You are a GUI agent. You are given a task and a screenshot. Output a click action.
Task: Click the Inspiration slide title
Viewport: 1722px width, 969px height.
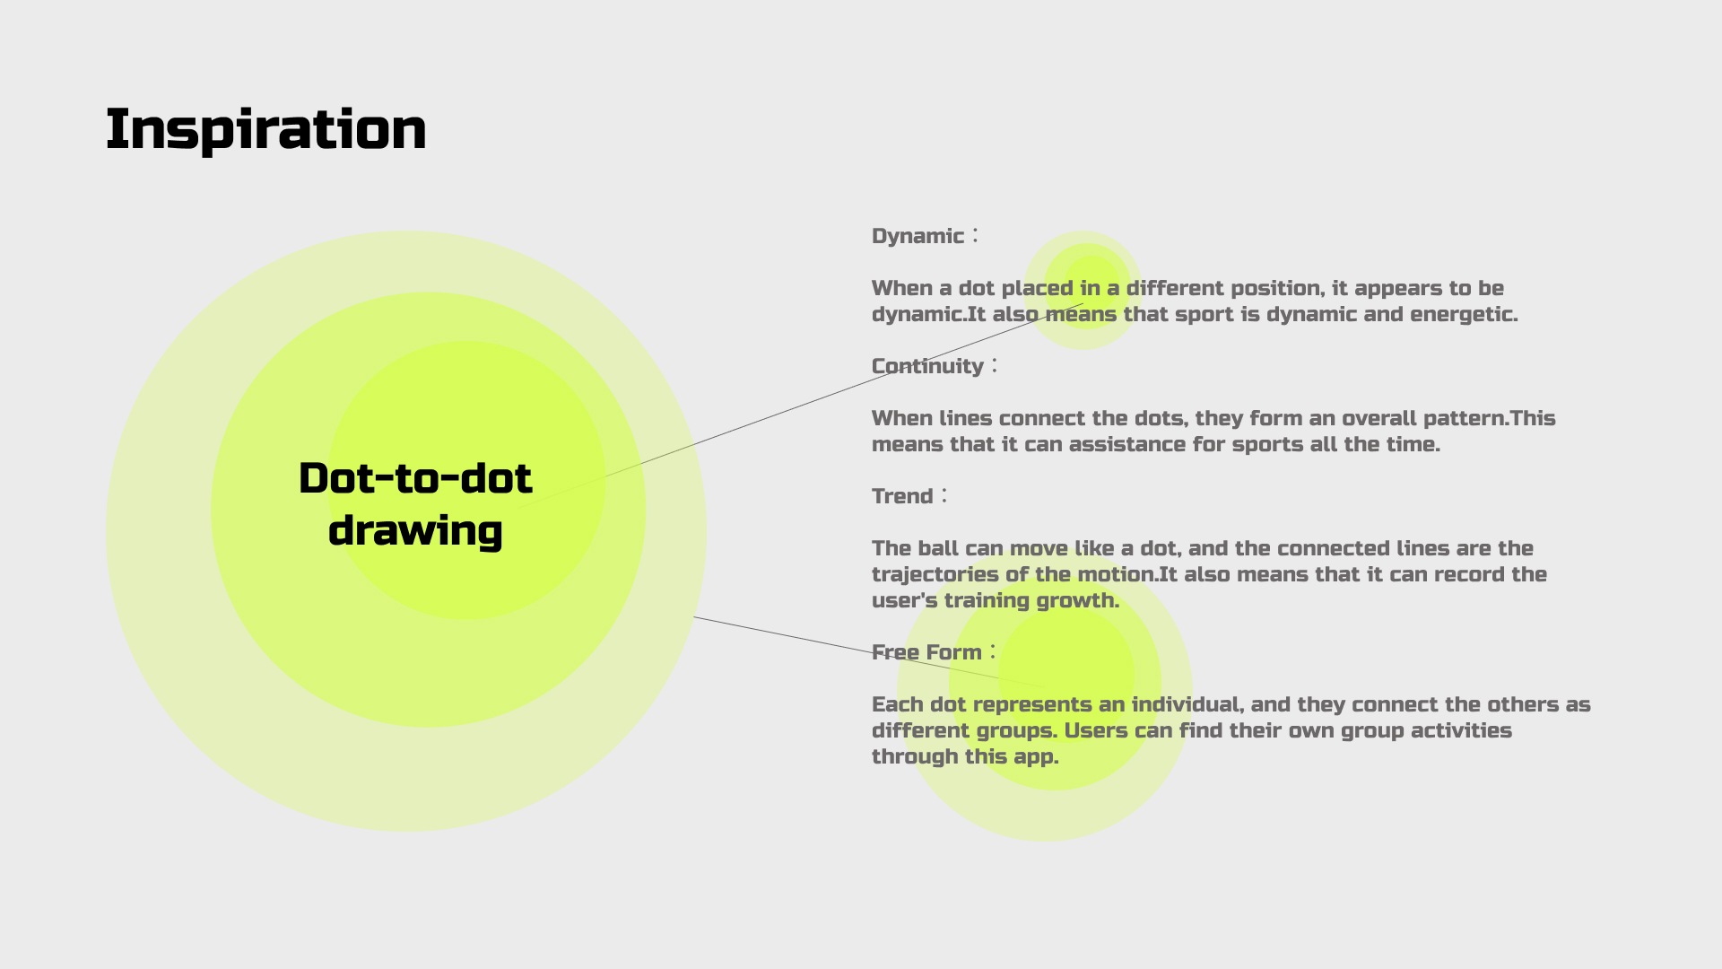266,130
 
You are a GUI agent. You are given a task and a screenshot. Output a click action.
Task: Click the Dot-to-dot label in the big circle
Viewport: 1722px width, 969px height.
415,478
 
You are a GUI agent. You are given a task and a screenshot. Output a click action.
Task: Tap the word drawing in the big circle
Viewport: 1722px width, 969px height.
415,530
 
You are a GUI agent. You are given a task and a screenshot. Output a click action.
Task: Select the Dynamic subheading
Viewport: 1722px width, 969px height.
918,236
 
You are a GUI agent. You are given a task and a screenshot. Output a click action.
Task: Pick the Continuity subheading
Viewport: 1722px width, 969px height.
927,366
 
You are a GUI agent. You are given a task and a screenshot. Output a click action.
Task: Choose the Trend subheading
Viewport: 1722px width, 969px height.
902,496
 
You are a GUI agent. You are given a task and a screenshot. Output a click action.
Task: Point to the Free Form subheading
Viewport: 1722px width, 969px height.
926,652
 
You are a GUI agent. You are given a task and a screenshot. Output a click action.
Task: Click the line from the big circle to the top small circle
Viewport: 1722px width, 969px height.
802,406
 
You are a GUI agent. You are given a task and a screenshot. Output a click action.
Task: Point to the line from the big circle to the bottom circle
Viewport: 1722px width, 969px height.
870,652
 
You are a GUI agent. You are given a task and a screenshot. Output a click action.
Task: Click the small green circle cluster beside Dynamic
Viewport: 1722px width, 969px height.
1083,290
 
